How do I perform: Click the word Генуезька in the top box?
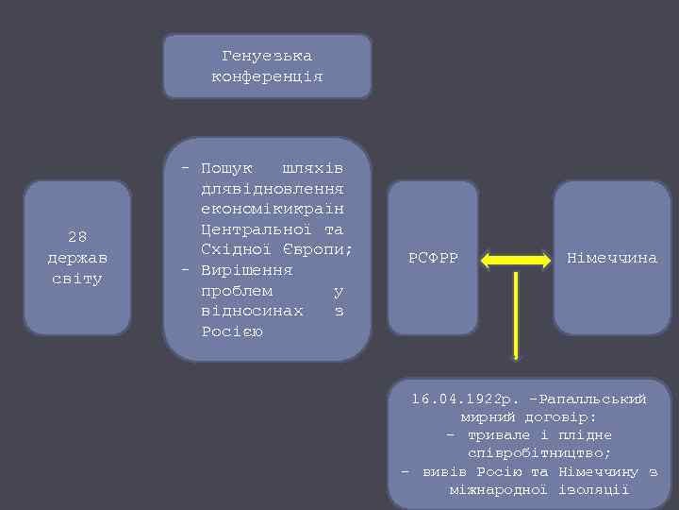point(267,57)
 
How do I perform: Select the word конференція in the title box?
point(267,76)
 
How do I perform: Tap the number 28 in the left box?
point(77,237)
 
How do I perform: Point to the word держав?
point(77,258)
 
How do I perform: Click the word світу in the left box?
point(77,279)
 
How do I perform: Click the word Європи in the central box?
point(317,250)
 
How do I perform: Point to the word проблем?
point(237,291)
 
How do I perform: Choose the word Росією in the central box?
point(231,331)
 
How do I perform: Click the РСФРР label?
point(433,258)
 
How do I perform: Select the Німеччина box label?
point(612,258)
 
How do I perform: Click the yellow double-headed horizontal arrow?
point(516,258)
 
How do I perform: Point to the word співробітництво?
point(538,453)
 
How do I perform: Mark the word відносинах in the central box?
point(252,311)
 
